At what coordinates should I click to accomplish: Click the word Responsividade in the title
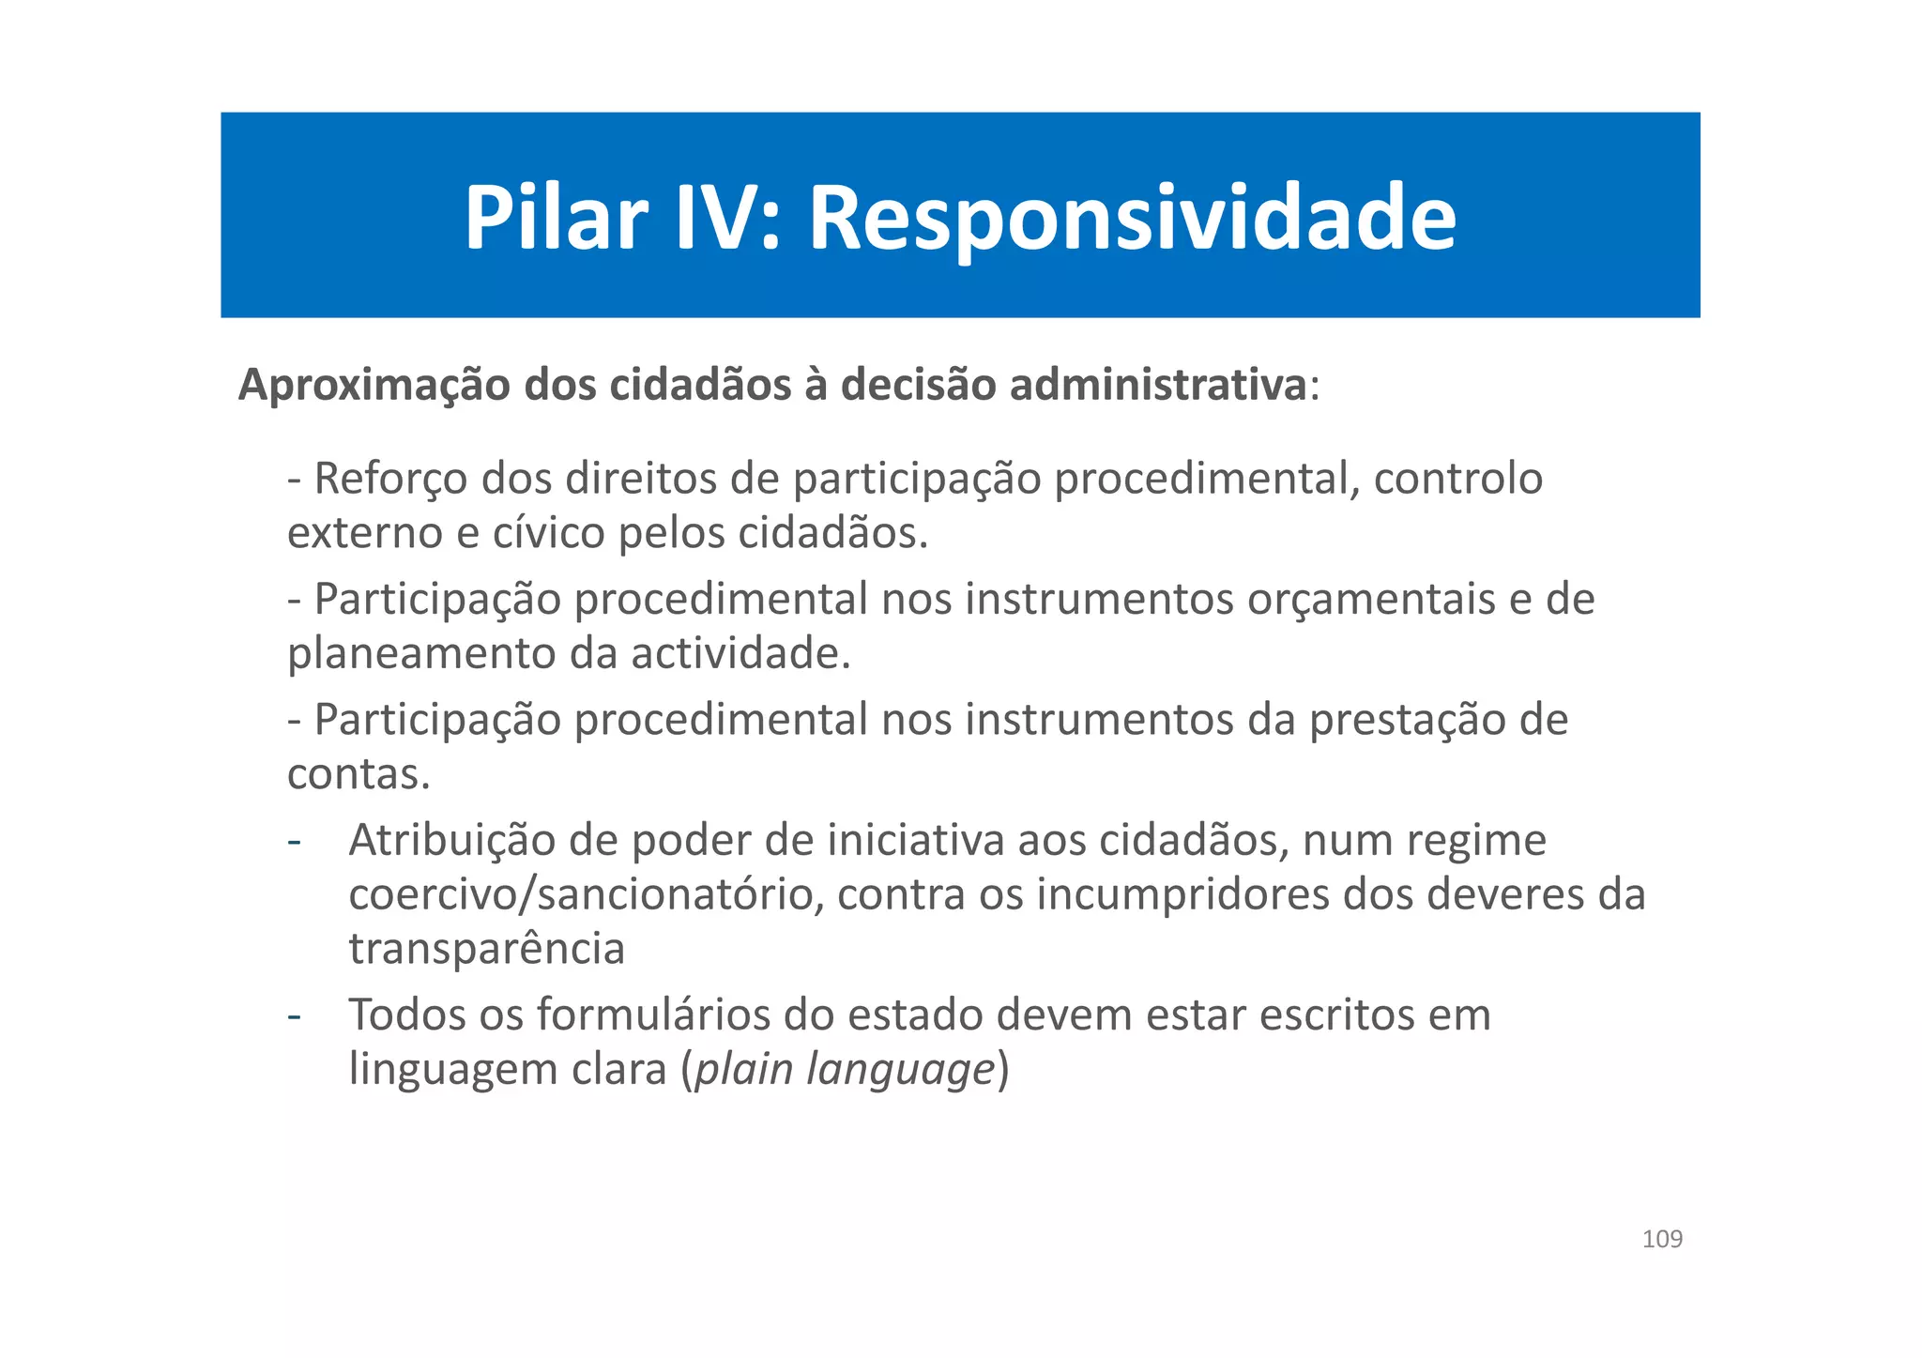point(1132,219)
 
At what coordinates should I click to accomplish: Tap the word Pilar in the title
point(556,219)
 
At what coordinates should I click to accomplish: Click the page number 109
point(1662,1240)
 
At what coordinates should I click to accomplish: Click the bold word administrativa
point(1157,386)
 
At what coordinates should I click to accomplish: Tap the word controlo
point(1458,480)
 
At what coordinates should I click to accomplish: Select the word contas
point(358,775)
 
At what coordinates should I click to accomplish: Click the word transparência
point(486,950)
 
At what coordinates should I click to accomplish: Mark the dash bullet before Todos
point(295,1015)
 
